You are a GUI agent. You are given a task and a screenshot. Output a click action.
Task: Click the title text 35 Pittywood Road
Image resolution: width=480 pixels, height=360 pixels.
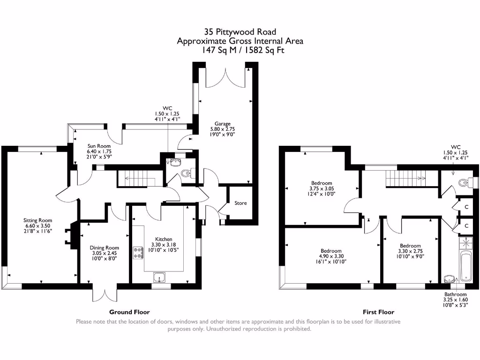pos(240,32)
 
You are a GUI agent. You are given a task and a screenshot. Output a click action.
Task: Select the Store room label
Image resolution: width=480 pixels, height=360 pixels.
pos(240,203)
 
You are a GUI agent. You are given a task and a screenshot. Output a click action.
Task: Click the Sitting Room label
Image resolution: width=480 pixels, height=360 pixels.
pos(38,225)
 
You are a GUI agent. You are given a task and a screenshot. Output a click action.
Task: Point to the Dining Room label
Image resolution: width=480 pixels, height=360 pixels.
pos(104,253)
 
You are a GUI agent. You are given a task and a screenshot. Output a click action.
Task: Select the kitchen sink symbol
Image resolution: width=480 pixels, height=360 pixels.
pos(160,277)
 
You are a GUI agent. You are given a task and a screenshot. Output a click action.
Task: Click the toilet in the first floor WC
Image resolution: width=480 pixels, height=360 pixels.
pos(464,182)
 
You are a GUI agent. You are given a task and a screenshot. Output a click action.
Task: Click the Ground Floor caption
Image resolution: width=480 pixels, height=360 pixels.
pos(129,312)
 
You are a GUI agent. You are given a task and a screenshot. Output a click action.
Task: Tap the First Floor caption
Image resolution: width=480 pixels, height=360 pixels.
pos(378,312)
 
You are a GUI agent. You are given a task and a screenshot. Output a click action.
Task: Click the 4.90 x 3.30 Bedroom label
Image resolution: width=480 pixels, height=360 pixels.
pos(331,256)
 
